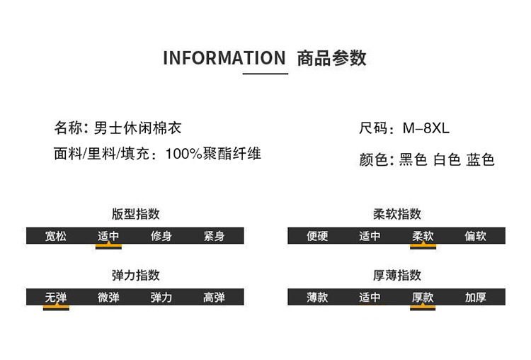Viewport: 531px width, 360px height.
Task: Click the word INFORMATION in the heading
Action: point(224,58)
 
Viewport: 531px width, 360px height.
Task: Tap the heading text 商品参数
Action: point(332,58)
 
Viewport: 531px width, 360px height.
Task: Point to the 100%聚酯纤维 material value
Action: point(213,153)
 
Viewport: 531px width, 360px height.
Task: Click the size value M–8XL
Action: point(426,129)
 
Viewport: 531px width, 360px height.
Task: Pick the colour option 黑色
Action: point(413,160)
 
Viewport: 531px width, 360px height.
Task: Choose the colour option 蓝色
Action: point(480,160)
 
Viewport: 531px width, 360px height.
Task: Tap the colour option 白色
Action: point(447,160)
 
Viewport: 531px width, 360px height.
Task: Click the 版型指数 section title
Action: point(135,214)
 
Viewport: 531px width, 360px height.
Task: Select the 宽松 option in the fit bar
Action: point(56,236)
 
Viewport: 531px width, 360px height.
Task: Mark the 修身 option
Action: point(161,236)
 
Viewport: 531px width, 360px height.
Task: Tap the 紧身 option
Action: point(214,236)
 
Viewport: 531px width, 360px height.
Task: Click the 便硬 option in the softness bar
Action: point(317,236)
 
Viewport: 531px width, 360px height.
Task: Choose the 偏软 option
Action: point(476,236)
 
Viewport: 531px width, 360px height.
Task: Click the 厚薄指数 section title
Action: point(397,275)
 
